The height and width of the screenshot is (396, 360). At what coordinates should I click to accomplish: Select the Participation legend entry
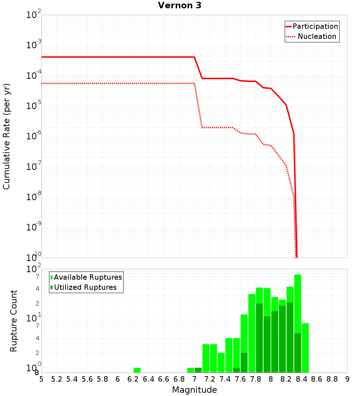click(315, 26)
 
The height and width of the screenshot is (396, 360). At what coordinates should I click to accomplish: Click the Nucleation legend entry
click(316, 36)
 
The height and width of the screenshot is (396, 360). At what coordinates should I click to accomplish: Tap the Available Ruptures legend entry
click(88, 277)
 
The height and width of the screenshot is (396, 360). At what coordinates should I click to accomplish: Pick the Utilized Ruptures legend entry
click(85, 287)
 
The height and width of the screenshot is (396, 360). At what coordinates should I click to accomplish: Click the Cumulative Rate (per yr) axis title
click(6, 136)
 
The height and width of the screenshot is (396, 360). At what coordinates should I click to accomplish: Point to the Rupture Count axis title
click(14, 320)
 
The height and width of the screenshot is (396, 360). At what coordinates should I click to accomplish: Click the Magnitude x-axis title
click(194, 390)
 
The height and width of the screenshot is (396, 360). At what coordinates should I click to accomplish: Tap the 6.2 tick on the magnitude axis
click(133, 379)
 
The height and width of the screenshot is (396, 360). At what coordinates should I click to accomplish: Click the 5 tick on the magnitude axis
click(41, 379)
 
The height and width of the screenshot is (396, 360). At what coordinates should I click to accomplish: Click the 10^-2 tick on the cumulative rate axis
click(34, 15)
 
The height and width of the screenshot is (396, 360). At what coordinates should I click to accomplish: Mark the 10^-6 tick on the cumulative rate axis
click(34, 136)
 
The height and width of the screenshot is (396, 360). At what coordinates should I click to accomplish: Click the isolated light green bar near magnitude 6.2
click(137, 370)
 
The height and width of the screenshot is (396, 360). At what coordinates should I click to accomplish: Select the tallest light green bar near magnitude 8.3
click(297, 302)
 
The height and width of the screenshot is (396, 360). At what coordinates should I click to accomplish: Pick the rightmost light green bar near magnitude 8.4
click(305, 348)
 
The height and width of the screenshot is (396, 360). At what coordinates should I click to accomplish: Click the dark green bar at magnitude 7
click(198, 370)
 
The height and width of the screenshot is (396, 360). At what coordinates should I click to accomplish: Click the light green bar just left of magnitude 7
click(190, 370)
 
